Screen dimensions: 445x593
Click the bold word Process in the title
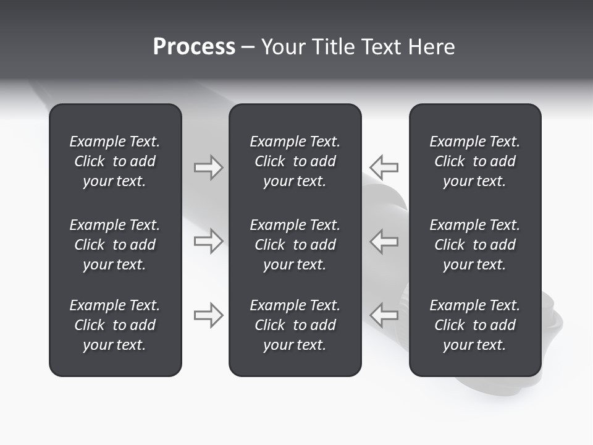[194, 47]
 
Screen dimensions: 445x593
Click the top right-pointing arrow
[209, 167]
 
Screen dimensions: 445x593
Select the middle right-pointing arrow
[209, 241]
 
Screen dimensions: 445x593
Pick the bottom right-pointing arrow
[209, 315]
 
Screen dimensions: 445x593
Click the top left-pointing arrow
[384, 167]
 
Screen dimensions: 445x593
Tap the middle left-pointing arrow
[384, 241]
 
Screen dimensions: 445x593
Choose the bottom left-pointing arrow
[384, 315]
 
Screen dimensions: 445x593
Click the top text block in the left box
[115, 161]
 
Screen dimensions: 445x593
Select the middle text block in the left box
[115, 245]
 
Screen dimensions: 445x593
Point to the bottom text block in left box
[115, 325]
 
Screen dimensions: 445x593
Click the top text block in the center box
[295, 161]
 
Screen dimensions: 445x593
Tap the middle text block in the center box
[295, 245]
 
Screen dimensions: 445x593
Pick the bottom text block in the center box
[295, 325]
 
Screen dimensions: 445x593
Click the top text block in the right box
[475, 161]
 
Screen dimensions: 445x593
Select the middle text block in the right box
[475, 245]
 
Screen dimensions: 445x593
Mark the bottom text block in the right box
[475, 325]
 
